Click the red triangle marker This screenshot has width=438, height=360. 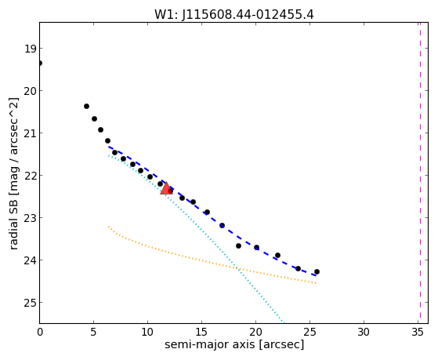[x=166, y=188]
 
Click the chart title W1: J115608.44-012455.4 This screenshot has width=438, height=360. [x=234, y=14]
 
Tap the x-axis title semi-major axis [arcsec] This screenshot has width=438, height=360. [x=234, y=344]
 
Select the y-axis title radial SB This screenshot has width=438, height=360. [x=13, y=225]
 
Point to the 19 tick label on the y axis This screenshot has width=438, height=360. [x=30, y=49]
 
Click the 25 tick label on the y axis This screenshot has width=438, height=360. [x=30, y=303]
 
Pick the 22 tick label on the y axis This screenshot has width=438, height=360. [x=30, y=176]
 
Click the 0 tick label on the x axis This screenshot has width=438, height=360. [x=40, y=333]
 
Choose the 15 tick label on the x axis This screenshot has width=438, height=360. [x=201, y=333]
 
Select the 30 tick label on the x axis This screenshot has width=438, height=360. [x=364, y=333]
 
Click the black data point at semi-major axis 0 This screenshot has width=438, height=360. [x=40, y=64]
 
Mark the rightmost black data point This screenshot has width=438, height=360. [x=317, y=271]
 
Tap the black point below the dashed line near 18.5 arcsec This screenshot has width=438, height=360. [x=238, y=245]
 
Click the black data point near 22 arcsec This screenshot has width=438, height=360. [x=277, y=255]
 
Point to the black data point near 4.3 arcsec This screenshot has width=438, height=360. [x=87, y=107]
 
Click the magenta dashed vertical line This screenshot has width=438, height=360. [x=420, y=173]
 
